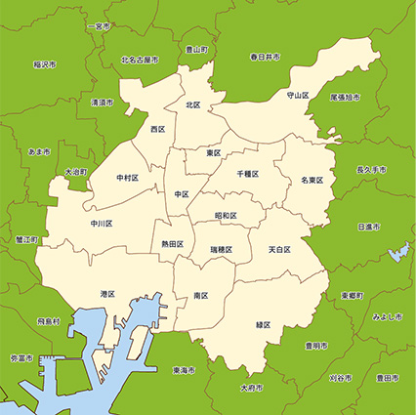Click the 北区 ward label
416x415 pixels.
click(192, 104)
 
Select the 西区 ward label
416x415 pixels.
click(157, 129)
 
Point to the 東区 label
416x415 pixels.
click(213, 153)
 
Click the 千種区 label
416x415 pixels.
click(248, 173)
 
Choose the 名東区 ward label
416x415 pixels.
click(312, 181)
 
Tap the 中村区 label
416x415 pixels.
click(127, 179)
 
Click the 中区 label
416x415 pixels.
click(181, 194)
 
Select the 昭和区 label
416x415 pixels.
click(226, 216)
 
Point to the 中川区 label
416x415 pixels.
click(102, 224)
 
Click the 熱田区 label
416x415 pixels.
click(171, 244)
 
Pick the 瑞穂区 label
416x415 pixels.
click(221, 250)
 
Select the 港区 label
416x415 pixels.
click(107, 294)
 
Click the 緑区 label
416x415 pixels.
click(263, 323)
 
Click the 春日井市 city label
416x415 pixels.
click(264, 58)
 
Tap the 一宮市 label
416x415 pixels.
click(98, 26)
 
